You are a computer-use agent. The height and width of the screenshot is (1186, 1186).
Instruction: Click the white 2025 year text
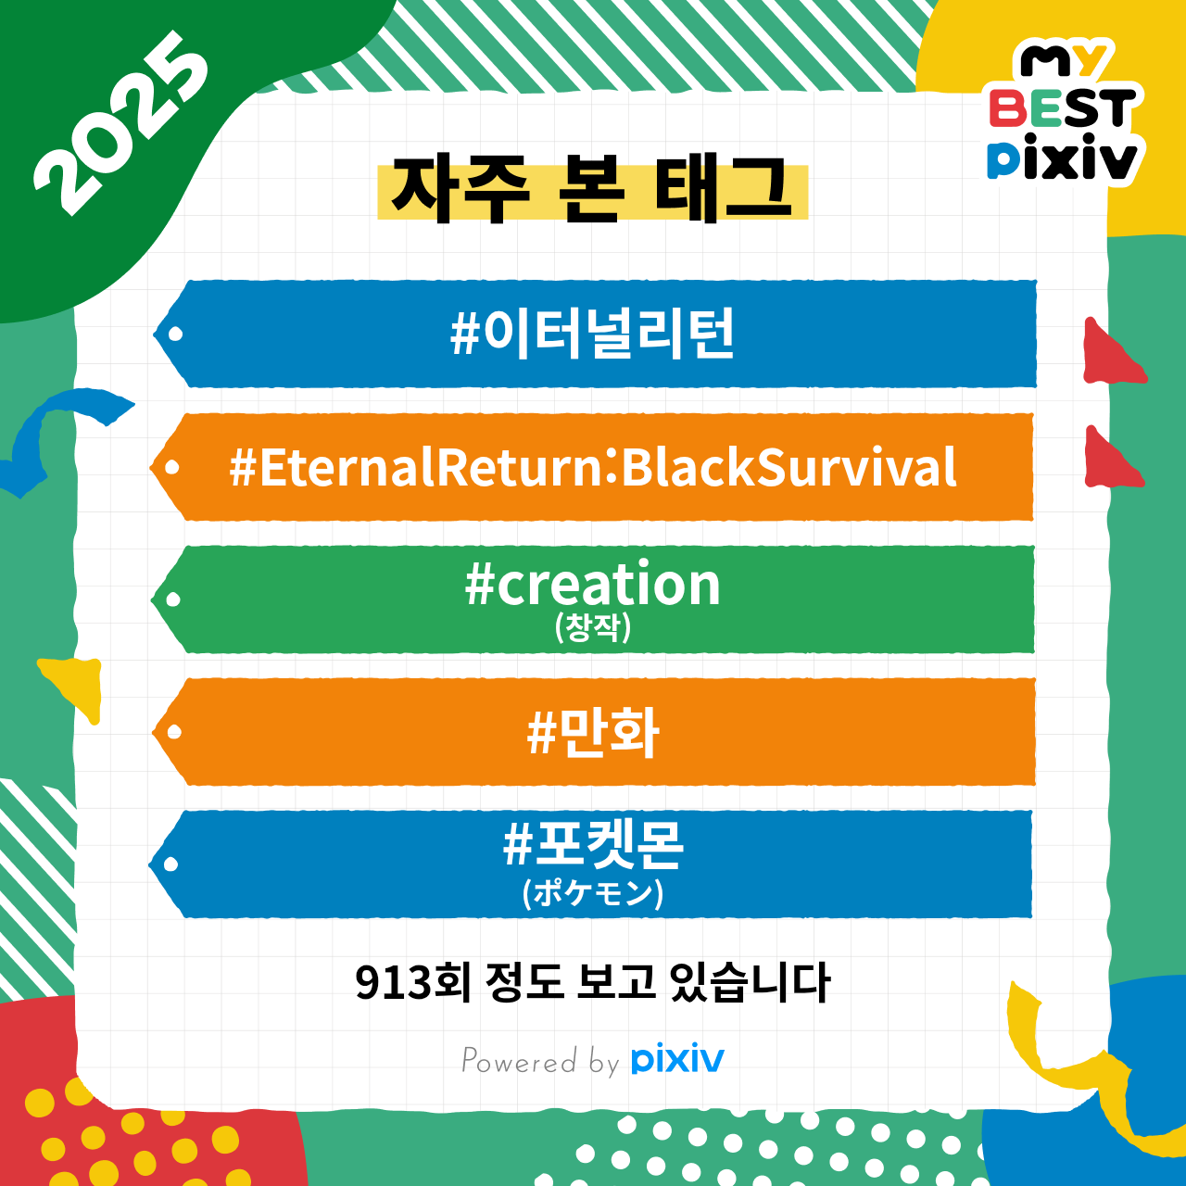(x=120, y=123)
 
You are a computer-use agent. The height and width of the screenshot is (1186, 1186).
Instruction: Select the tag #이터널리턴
(x=592, y=334)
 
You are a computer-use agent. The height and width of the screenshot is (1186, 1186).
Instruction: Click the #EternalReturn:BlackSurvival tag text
(x=592, y=466)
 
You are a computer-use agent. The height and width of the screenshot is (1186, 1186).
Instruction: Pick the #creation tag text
(x=592, y=584)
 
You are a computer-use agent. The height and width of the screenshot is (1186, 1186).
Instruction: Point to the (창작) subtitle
(x=593, y=628)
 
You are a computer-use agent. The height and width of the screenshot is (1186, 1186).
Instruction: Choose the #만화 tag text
(x=593, y=732)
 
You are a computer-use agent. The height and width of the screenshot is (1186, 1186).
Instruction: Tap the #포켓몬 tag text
(x=593, y=844)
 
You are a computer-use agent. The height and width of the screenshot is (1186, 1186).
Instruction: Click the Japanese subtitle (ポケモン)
(x=593, y=893)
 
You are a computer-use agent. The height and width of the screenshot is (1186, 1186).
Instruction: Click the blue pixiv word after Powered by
(x=677, y=1060)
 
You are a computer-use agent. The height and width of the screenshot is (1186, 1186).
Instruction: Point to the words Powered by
(x=540, y=1061)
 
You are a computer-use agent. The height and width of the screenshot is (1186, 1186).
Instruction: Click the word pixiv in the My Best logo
(x=1062, y=158)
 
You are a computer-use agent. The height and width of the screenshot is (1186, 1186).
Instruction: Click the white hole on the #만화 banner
(x=174, y=732)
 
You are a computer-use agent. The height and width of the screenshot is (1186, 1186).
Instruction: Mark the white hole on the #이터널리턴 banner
(x=175, y=334)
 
